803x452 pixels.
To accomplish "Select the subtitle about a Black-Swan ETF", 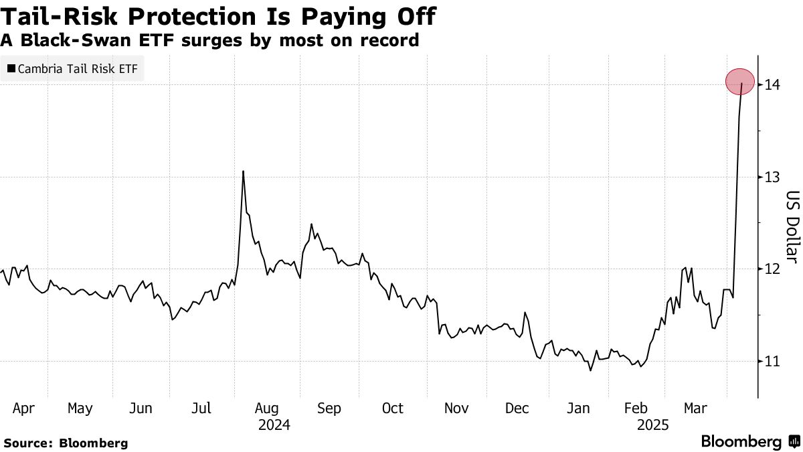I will point(209,40).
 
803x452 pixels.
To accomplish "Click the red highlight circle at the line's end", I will point(740,82).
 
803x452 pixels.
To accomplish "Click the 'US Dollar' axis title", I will point(792,226).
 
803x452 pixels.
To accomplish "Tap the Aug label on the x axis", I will point(266,408).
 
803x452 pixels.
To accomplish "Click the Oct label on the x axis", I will point(392,408).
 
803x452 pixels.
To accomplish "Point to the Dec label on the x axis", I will point(518,408).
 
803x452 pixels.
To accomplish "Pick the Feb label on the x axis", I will point(635,408).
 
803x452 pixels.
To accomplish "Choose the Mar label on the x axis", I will point(696,408).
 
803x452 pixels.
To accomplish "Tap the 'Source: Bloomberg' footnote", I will point(66,443).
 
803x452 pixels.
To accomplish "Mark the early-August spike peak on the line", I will point(243,171).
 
